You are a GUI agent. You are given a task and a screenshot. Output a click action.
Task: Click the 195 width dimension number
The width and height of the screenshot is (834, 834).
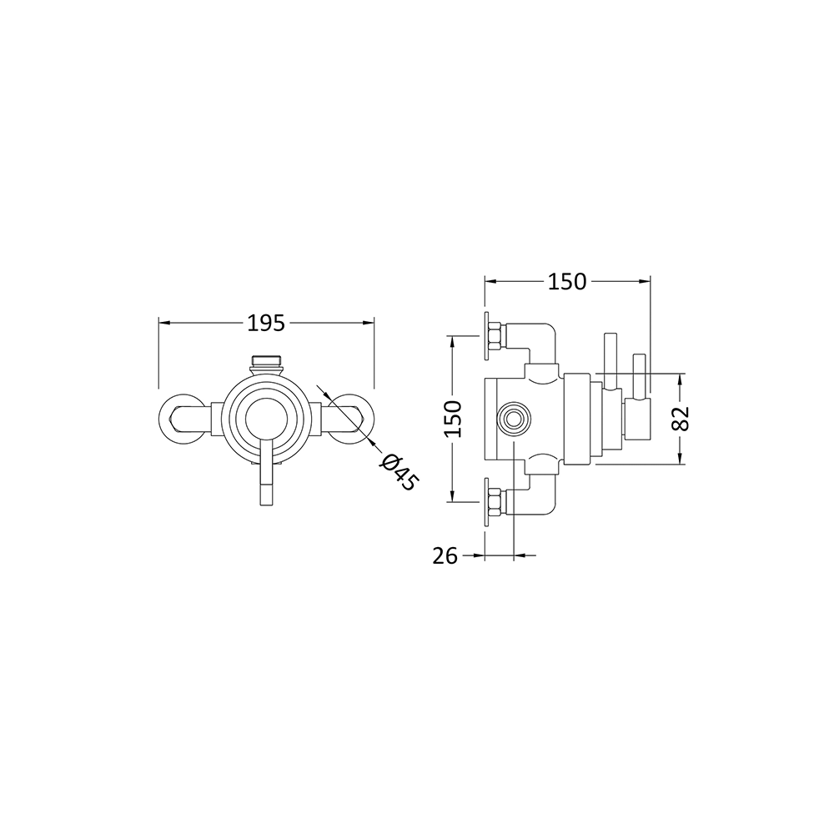click(266, 322)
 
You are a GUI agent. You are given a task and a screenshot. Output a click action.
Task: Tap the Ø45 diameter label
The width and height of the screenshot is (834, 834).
click(397, 472)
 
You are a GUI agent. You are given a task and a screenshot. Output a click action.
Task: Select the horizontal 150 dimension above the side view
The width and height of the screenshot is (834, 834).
click(567, 281)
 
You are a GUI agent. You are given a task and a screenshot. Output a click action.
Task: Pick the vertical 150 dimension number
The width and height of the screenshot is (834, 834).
click(452, 419)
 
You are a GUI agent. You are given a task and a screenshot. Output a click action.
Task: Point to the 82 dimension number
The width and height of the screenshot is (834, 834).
click(681, 418)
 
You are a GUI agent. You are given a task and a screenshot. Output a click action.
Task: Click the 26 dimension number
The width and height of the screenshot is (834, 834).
click(446, 555)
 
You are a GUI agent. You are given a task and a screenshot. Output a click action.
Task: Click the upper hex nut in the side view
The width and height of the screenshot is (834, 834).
click(494, 335)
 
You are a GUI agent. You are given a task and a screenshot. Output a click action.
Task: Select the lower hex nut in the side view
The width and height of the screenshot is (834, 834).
click(494, 501)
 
